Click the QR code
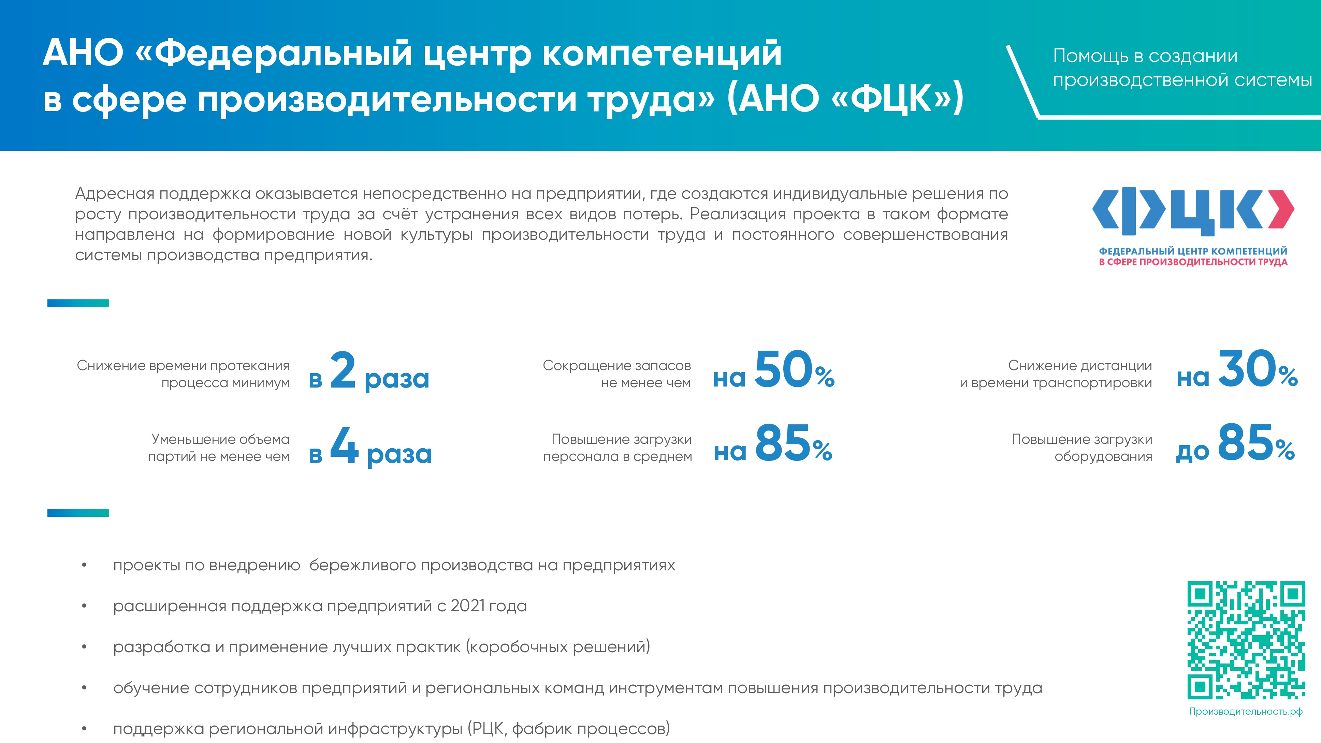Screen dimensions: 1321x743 pos(1246,640)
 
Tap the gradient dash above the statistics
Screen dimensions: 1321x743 pos(78,303)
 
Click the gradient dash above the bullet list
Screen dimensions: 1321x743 pos(78,513)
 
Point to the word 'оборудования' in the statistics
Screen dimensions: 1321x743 pos(1103,457)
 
